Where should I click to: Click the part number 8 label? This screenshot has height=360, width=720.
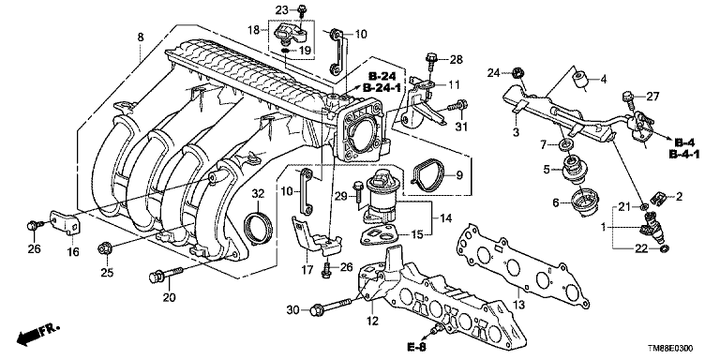pos(141,37)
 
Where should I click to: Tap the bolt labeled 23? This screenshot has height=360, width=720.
pos(302,9)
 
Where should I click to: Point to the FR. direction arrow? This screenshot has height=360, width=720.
pos(37,335)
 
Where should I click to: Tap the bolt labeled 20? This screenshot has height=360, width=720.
pos(166,275)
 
